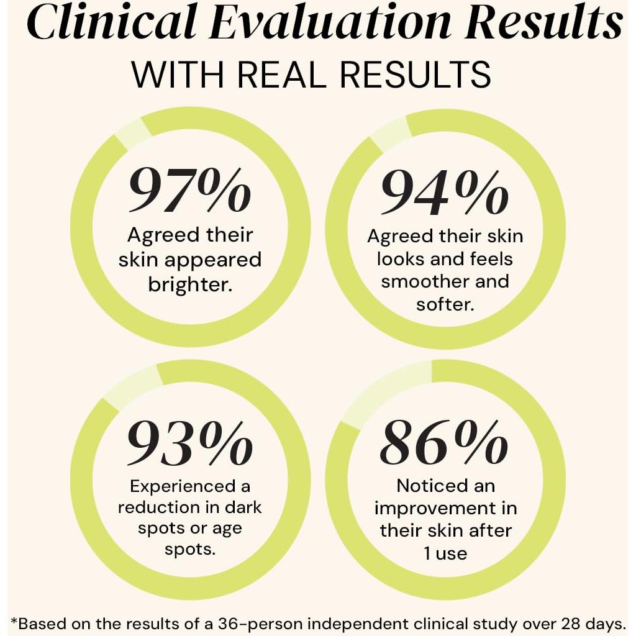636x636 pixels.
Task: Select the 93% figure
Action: [190, 442]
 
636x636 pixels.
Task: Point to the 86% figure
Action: [443, 442]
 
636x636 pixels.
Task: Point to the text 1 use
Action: [445, 552]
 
